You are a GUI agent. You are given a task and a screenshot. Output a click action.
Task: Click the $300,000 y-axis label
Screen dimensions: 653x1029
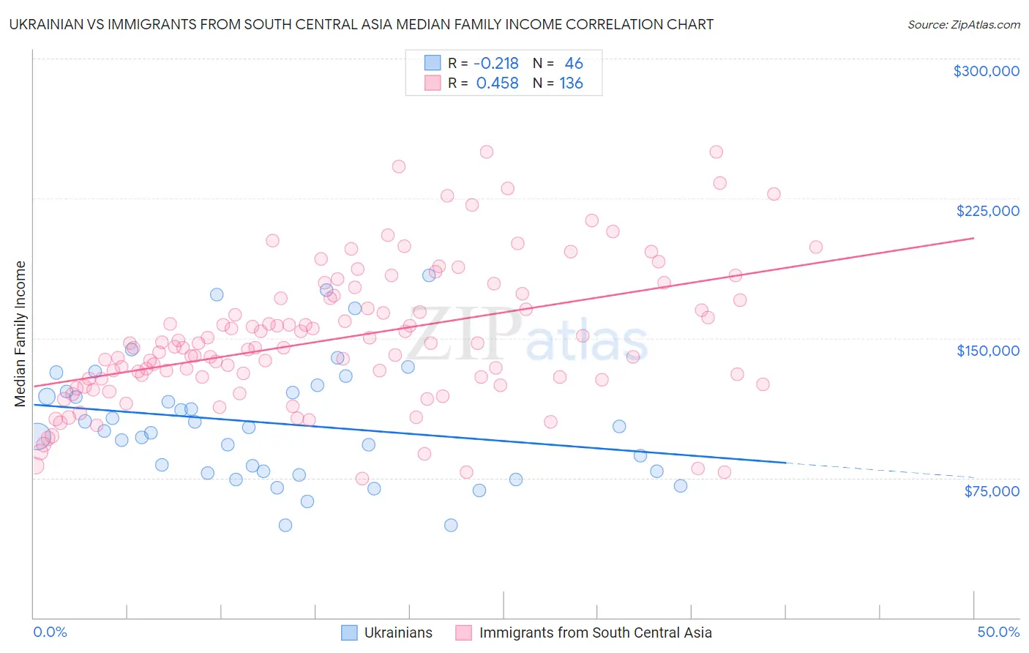pos(986,71)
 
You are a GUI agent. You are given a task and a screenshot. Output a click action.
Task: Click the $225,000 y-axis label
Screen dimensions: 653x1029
pos(987,211)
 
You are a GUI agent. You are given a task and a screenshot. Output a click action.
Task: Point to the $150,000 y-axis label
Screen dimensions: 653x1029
pos(987,351)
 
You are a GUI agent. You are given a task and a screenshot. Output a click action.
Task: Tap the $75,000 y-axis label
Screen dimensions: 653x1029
pos(991,491)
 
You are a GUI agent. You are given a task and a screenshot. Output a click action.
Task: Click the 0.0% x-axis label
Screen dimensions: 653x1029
pos(50,632)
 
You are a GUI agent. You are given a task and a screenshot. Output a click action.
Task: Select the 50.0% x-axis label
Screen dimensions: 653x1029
pos(998,632)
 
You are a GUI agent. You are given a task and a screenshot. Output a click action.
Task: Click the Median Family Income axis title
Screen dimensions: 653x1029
pos(20,334)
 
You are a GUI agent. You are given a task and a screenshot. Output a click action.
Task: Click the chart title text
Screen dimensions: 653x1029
pos(361,24)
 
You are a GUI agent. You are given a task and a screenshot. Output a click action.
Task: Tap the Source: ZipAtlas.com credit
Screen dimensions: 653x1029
pos(963,25)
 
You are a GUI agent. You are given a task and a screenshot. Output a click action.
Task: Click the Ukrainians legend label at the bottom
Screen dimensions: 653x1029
pos(398,633)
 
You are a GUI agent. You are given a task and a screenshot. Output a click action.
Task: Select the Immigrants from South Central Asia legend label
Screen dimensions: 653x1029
pos(595,633)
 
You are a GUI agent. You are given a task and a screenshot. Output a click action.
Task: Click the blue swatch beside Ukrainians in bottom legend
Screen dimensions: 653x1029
pos(349,633)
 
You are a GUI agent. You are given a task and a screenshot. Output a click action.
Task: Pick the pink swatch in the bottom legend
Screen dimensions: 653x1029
pos(463,633)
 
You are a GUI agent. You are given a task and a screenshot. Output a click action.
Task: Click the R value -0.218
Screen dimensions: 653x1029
pos(496,64)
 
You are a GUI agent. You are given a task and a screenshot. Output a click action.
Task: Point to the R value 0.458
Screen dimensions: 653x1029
pos(497,83)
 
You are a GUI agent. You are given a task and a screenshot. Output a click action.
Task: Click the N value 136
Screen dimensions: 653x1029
pos(571,83)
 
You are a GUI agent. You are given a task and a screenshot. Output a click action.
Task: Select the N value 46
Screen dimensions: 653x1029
pos(574,64)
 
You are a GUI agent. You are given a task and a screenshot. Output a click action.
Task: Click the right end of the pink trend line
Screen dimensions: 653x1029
pos(973,238)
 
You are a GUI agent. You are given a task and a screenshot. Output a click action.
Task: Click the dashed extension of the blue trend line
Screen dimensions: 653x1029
pos(878,470)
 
